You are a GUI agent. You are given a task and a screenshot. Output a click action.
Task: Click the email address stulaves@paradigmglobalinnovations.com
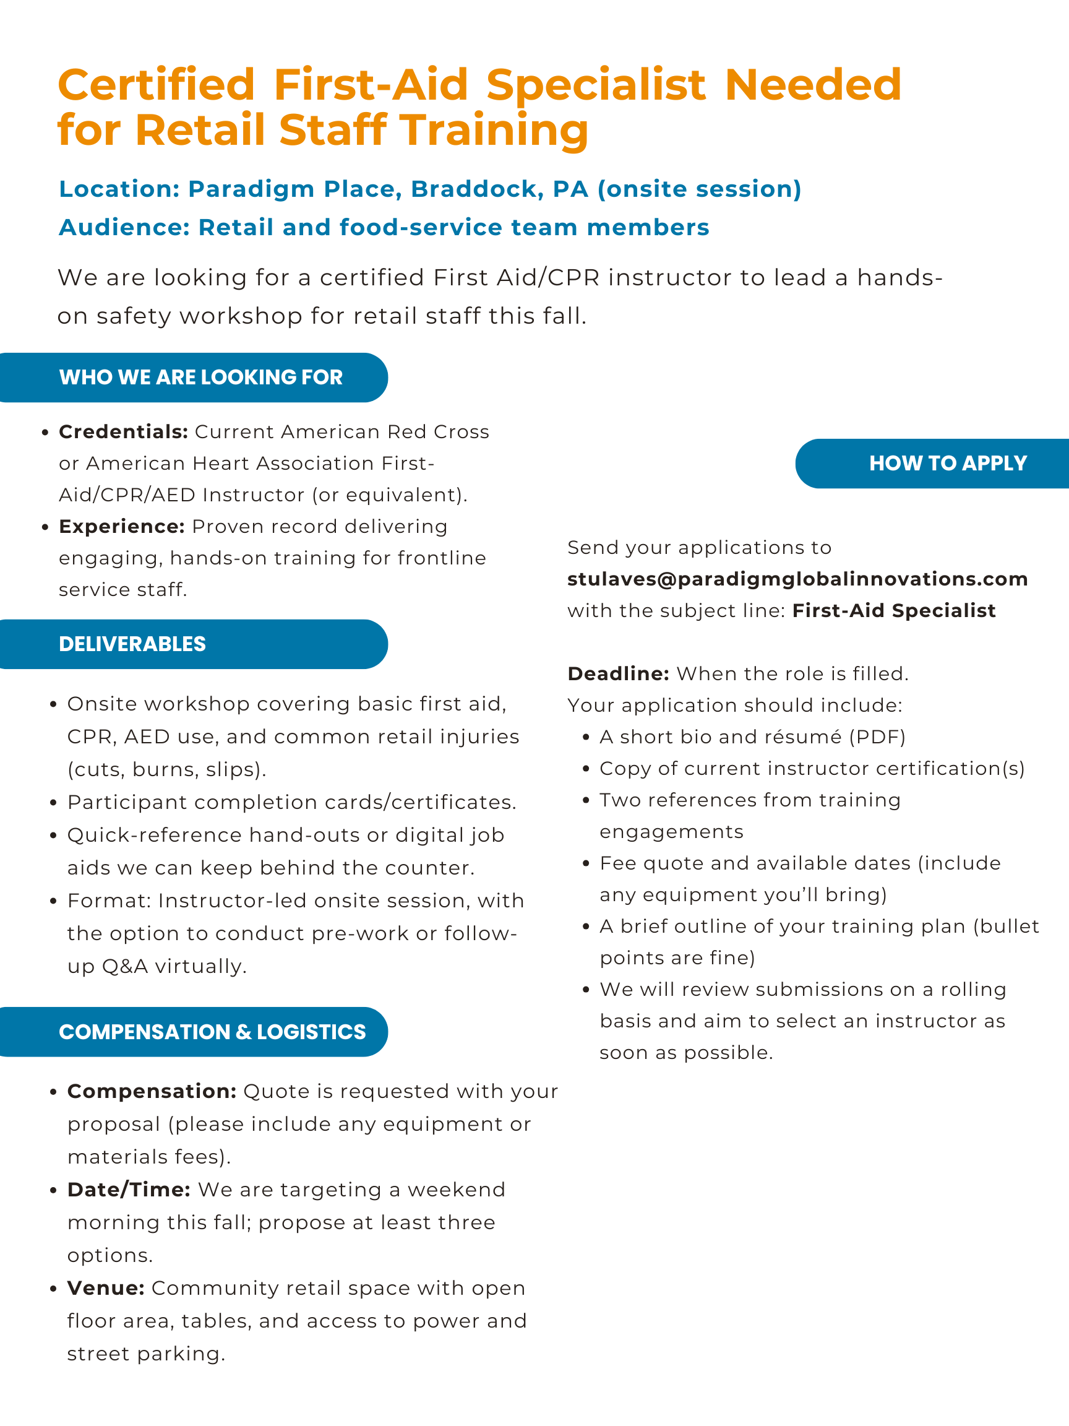pyautogui.click(x=797, y=579)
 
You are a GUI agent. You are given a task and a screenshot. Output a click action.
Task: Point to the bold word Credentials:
pyautogui.click(x=123, y=432)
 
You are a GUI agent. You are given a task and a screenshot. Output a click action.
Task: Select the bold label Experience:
pyautogui.click(x=122, y=527)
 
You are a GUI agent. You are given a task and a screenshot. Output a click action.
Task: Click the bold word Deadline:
pyautogui.click(x=618, y=673)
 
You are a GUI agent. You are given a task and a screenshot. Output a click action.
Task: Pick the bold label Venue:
pyautogui.click(x=106, y=1288)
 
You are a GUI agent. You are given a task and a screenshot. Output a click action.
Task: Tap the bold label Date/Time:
pyautogui.click(x=129, y=1190)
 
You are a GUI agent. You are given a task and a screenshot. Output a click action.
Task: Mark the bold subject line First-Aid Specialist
pyautogui.click(x=894, y=610)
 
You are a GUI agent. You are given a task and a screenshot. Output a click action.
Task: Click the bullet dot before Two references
pyautogui.click(x=586, y=801)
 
